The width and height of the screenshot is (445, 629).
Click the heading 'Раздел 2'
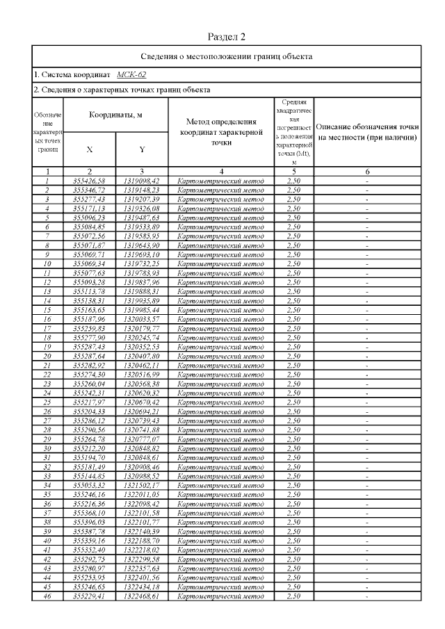227,36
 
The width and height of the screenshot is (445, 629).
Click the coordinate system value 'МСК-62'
131,74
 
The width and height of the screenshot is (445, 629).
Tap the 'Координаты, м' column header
115,115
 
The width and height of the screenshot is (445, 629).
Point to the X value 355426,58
89,181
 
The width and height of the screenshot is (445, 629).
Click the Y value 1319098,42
141,181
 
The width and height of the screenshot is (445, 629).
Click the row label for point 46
47,596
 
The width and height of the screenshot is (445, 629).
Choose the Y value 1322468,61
141,596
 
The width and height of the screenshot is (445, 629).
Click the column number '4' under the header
220,171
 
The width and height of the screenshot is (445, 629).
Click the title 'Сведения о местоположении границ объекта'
227,56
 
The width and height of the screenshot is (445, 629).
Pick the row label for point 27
47,421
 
